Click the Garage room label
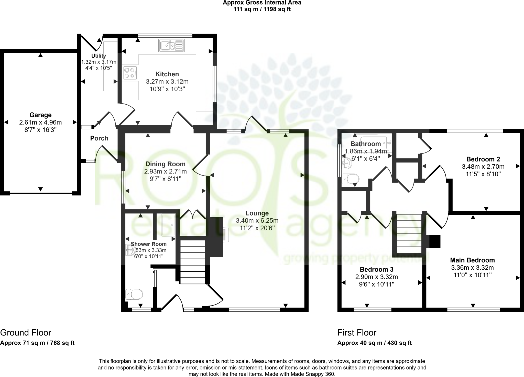40,115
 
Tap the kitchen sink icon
171,46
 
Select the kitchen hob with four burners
130,73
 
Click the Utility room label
99,56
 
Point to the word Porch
99,138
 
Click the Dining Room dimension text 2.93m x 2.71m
166,171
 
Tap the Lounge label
257,213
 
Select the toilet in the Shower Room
134,294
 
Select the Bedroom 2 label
483,159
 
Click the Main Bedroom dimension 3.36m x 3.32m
472,268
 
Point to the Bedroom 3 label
377,269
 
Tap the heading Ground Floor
26,333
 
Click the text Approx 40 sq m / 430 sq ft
375,343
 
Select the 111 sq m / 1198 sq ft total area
262,9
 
